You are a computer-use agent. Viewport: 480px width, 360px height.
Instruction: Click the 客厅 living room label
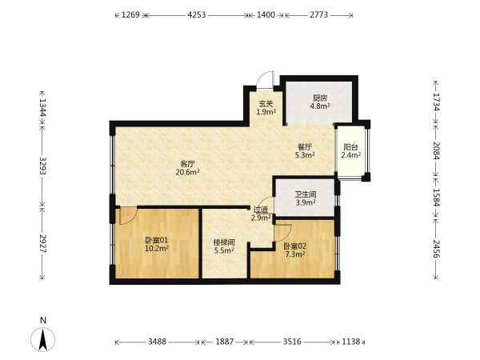click(187, 164)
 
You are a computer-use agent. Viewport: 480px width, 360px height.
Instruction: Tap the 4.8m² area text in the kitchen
click(320, 106)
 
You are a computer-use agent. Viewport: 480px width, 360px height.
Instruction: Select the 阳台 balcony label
click(351, 147)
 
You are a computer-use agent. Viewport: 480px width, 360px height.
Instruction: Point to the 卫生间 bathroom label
click(306, 194)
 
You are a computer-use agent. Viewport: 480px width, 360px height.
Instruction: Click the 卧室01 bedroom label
click(157, 240)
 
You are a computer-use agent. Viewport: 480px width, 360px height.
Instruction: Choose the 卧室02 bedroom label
click(294, 246)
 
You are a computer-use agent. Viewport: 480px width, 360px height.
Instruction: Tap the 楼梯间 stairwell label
click(224, 242)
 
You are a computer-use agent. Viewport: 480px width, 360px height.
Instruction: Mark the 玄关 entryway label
click(266, 104)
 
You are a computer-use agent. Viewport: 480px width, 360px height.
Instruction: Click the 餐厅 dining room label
click(305, 147)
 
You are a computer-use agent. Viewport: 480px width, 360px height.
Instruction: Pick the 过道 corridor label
click(261, 210)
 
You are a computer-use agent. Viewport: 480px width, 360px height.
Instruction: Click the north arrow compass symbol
click(43, 339)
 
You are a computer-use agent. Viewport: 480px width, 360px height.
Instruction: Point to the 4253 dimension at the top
click(197, 14)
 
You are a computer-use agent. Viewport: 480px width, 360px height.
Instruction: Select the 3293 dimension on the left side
click(42, 166)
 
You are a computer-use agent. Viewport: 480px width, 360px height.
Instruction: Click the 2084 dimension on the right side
click(436, 151)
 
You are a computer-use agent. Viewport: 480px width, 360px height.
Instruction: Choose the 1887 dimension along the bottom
click(224, 342)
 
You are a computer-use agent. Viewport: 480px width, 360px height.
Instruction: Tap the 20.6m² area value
click(188, 172)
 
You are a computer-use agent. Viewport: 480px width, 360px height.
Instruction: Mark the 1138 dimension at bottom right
click(351, 342)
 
